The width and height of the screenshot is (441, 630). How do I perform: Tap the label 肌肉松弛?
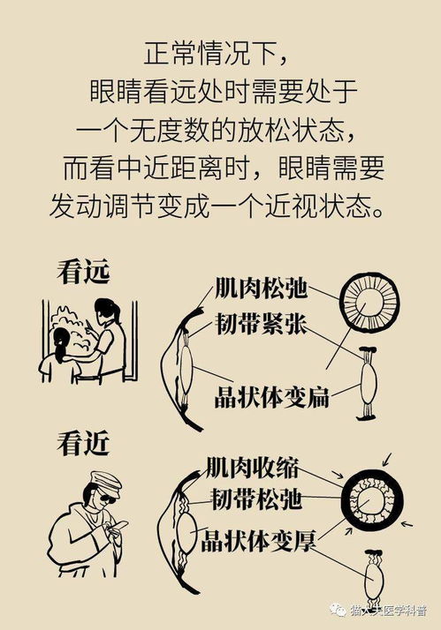point(261,289)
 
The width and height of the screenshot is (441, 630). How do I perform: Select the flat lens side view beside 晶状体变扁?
point(369,386)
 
